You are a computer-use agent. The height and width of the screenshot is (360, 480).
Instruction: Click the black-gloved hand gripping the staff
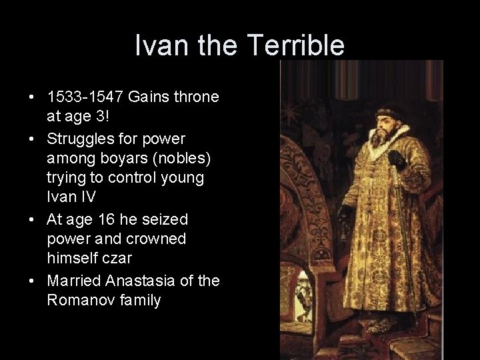coord(398,159)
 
